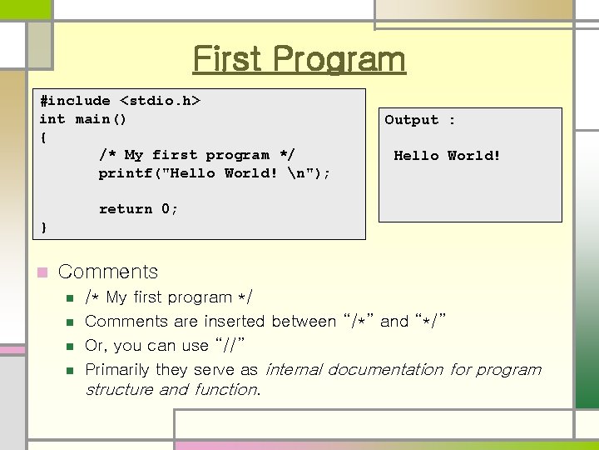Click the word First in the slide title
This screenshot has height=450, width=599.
point(227,59)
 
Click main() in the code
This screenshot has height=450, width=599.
point(101,119)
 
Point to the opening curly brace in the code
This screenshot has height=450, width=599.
point(43,137)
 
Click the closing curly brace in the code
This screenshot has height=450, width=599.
point(43,227)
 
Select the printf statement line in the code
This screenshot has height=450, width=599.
point(214,173)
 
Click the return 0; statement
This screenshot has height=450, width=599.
point(138,209)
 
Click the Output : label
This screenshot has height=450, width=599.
point(419,120)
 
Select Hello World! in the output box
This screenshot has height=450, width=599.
point(447,155)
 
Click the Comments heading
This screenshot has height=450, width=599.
point(108,272)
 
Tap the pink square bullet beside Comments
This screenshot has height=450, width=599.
point(40,272)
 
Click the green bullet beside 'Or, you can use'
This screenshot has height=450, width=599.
point(71,346)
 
